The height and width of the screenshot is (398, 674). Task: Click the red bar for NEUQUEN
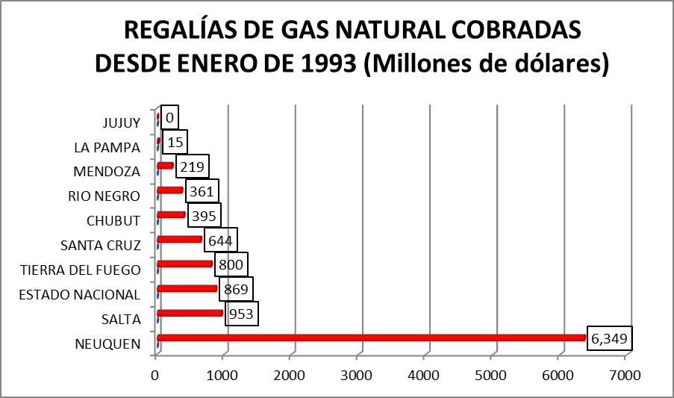tap(371, 338)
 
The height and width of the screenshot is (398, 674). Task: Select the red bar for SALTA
tap(190, 313)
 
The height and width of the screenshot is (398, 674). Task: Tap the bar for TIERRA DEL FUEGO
tap(185, 264)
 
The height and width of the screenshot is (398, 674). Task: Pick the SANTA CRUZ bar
tap(180, 239)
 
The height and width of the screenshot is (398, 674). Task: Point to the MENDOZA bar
tap(166, 166)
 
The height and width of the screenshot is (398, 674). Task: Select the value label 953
tap(240, 314)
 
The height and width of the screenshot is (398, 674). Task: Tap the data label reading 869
tap(236, 289)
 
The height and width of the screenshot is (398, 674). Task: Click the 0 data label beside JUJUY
tap(170, 117)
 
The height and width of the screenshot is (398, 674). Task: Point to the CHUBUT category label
tap(113, 220)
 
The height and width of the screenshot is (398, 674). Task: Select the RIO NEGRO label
tap(104, 196)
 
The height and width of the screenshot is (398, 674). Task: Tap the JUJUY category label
tap(121, 122)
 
